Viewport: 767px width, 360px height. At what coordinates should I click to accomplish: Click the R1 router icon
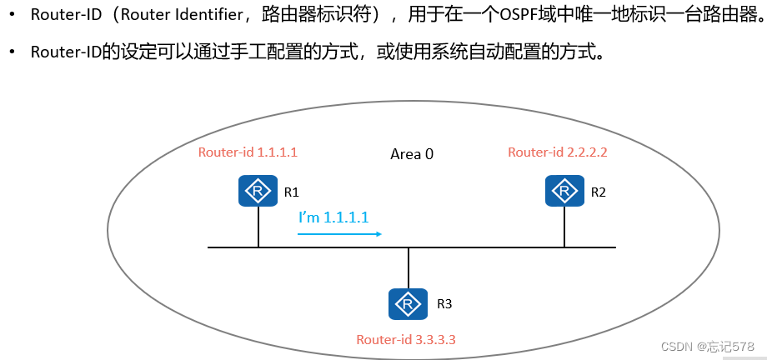point(258,192)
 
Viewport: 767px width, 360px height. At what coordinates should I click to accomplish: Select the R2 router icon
point(564,191)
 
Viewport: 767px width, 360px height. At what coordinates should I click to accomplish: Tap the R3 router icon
point(409,303)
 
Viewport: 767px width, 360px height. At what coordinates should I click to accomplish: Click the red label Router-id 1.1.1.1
point(248,152)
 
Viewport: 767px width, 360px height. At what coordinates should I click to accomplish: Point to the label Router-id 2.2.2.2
point(558,152)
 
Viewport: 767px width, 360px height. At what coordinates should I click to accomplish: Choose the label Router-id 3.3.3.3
point(406,339)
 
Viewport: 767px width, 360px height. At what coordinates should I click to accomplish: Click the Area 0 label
point(412,154)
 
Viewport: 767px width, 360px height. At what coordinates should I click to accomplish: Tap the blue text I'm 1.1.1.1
point(333,217)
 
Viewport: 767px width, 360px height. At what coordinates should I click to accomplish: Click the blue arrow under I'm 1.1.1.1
point(339,234)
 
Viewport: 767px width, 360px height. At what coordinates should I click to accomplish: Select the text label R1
point(291,192)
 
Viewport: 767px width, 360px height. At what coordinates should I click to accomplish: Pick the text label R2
point(598,192)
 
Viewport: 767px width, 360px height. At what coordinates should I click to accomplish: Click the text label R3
point(444,304)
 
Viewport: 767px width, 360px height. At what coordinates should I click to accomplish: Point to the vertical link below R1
point(258,227)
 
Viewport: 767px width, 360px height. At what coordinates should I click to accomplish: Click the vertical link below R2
point(564,227)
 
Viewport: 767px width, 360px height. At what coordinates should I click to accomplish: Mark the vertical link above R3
point(409,267)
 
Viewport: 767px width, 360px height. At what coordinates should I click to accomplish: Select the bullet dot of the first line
point(13,15)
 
